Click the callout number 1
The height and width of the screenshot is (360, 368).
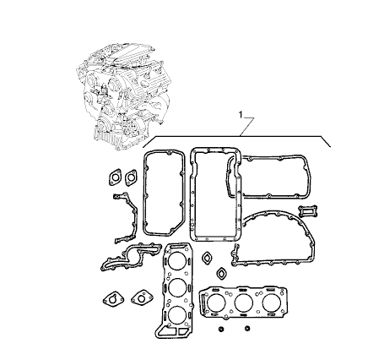click(241, 114)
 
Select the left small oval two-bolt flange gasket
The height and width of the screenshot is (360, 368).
click(115, 177)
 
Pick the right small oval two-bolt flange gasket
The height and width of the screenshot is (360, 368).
click(131, 177)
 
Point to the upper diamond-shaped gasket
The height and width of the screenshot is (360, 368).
click(208, 258)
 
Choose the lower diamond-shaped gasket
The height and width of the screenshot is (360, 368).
click(222, 273)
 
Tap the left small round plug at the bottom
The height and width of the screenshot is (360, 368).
click(221, 329)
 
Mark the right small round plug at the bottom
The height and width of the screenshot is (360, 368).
click(247, 328)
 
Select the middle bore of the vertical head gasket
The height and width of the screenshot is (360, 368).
click(178, 287)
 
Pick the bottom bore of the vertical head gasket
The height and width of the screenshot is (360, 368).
click(177, 315)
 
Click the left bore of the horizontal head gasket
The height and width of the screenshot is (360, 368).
click(216, 303)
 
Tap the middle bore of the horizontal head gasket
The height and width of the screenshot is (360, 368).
click(244, 303)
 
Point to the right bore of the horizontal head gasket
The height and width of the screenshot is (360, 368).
click(272, 303)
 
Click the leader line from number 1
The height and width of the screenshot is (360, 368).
click(246, 127)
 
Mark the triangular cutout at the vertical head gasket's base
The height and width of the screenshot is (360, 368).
click(168, 331)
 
